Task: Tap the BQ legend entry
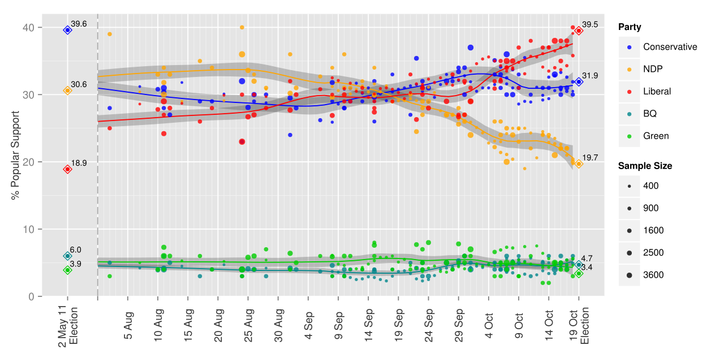pos(650,114)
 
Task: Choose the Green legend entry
pos(656,136)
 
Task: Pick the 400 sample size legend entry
pos(651,186)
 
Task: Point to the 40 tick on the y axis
pos(28,28)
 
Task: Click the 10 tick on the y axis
pos(28,229)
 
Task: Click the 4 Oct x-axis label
pos(489,325)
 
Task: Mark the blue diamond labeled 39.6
pos(67,30)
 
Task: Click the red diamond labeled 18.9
pos(67,169)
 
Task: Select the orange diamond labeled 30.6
pos(67,90)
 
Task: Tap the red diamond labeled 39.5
pos(579,31)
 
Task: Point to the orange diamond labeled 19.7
pos(579,164)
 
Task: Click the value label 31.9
pos(590,76)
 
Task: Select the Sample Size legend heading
pos(645,166)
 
